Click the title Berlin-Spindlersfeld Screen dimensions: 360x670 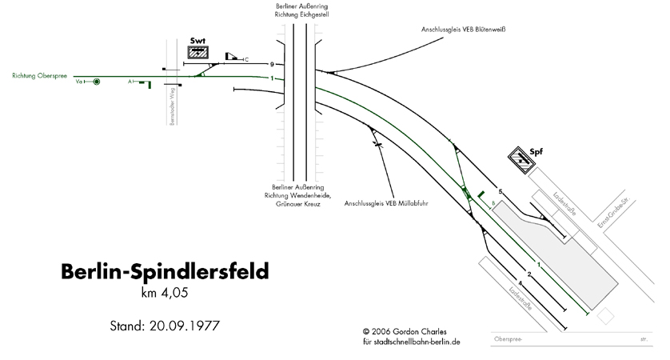(x=165, y=270)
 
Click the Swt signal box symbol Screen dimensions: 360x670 (x=197, y=53)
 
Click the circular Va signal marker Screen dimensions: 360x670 (x=97, y=82)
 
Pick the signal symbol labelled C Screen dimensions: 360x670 (x=233, y=56)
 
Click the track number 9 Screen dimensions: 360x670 (x=273, y=64)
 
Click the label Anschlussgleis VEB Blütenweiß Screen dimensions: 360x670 (x=465, y=30)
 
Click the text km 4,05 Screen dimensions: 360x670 (x=166, y=293)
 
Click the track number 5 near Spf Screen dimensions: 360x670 (x=501, y=192)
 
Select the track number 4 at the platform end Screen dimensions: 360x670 (x=520, y=284)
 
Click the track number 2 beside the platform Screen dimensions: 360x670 (x=528, y=274)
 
